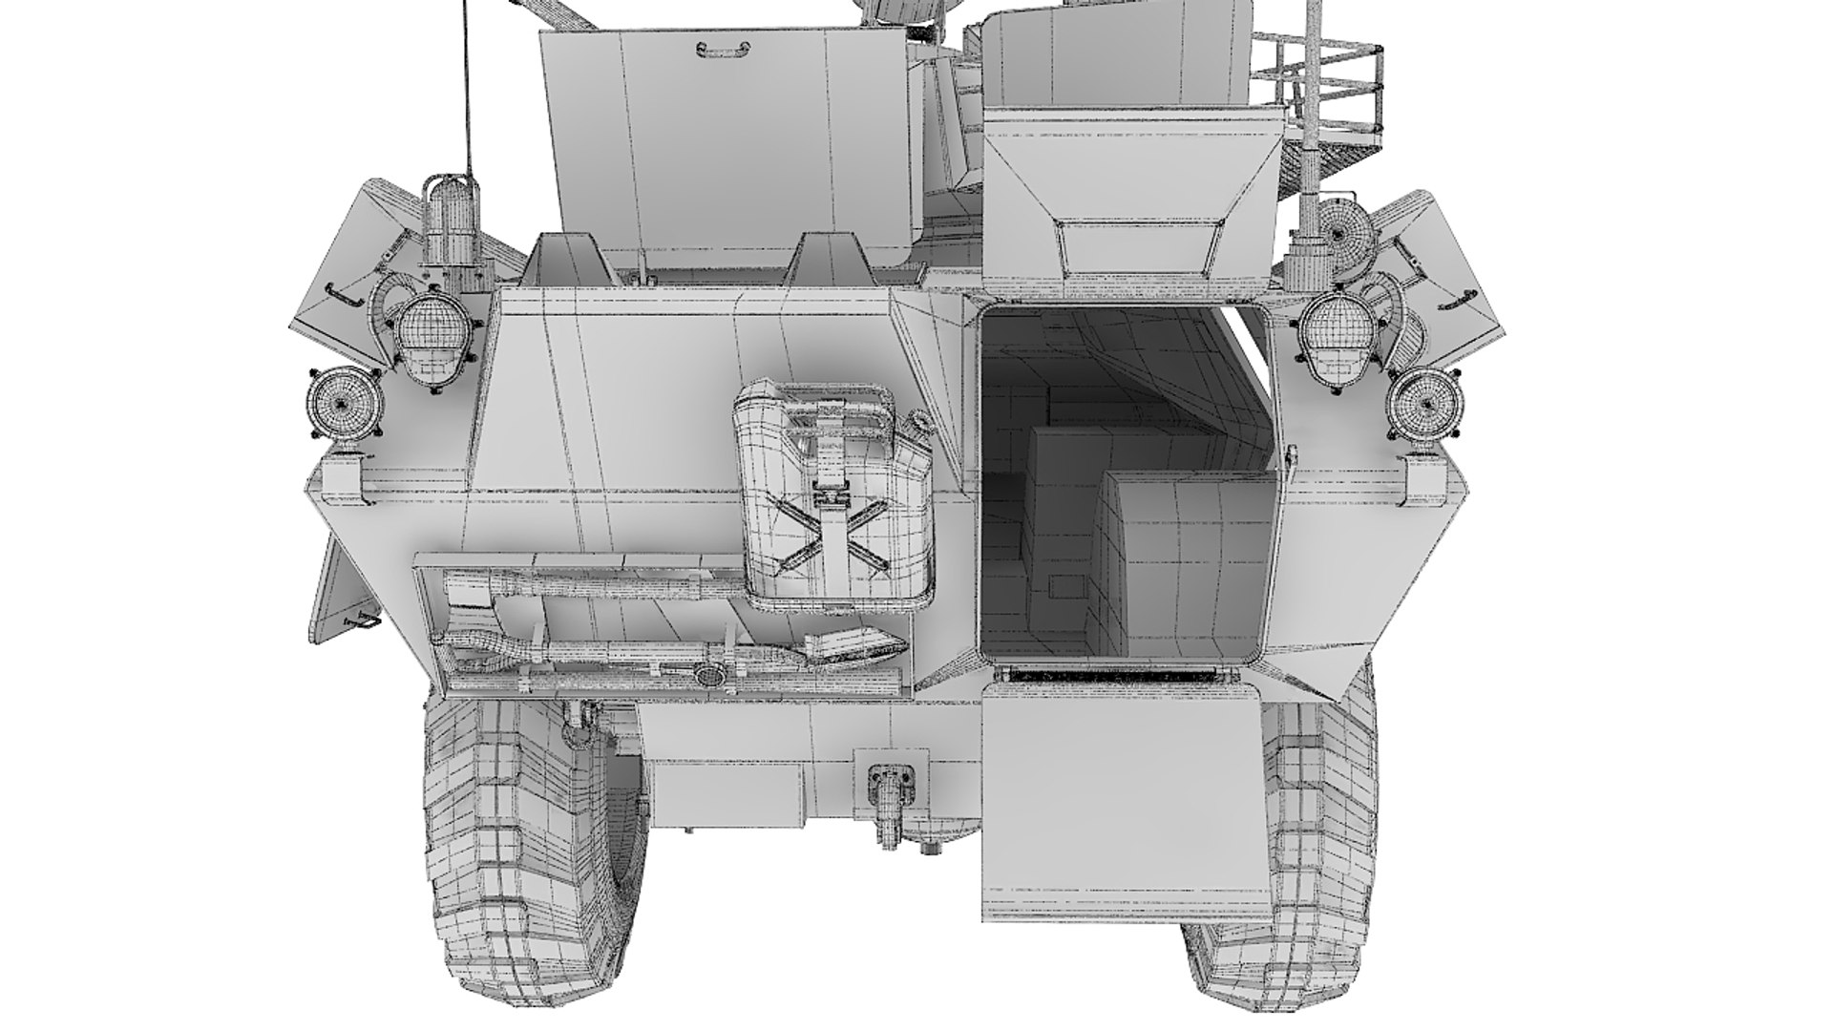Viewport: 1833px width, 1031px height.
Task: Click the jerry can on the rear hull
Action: pos(831,496)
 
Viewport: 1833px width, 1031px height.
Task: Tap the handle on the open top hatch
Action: pos(717,48)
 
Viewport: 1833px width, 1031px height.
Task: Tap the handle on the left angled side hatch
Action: pos(344,295)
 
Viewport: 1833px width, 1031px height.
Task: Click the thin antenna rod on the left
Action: pos(468,86)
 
